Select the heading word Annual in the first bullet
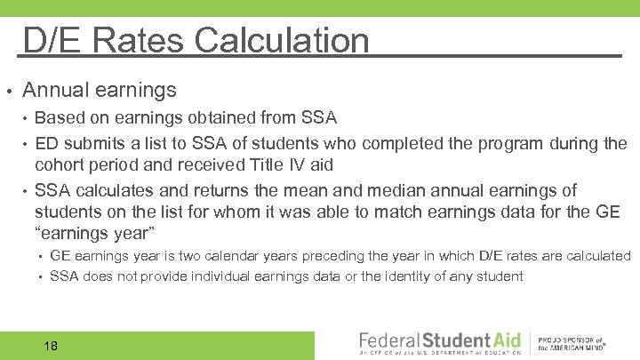(54, 90)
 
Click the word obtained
(213, 117)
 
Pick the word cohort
(62, 165)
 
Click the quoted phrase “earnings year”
(95, 233)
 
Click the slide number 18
(50, 345)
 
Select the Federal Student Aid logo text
(437, 340)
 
